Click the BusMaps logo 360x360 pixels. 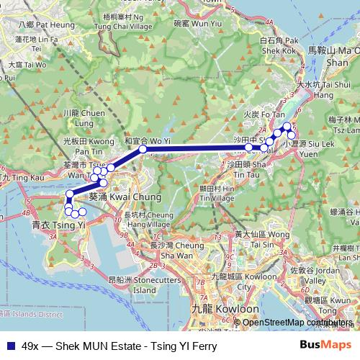point(326,344)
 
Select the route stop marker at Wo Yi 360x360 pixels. point(143,149)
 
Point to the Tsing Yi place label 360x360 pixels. point(50,225)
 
